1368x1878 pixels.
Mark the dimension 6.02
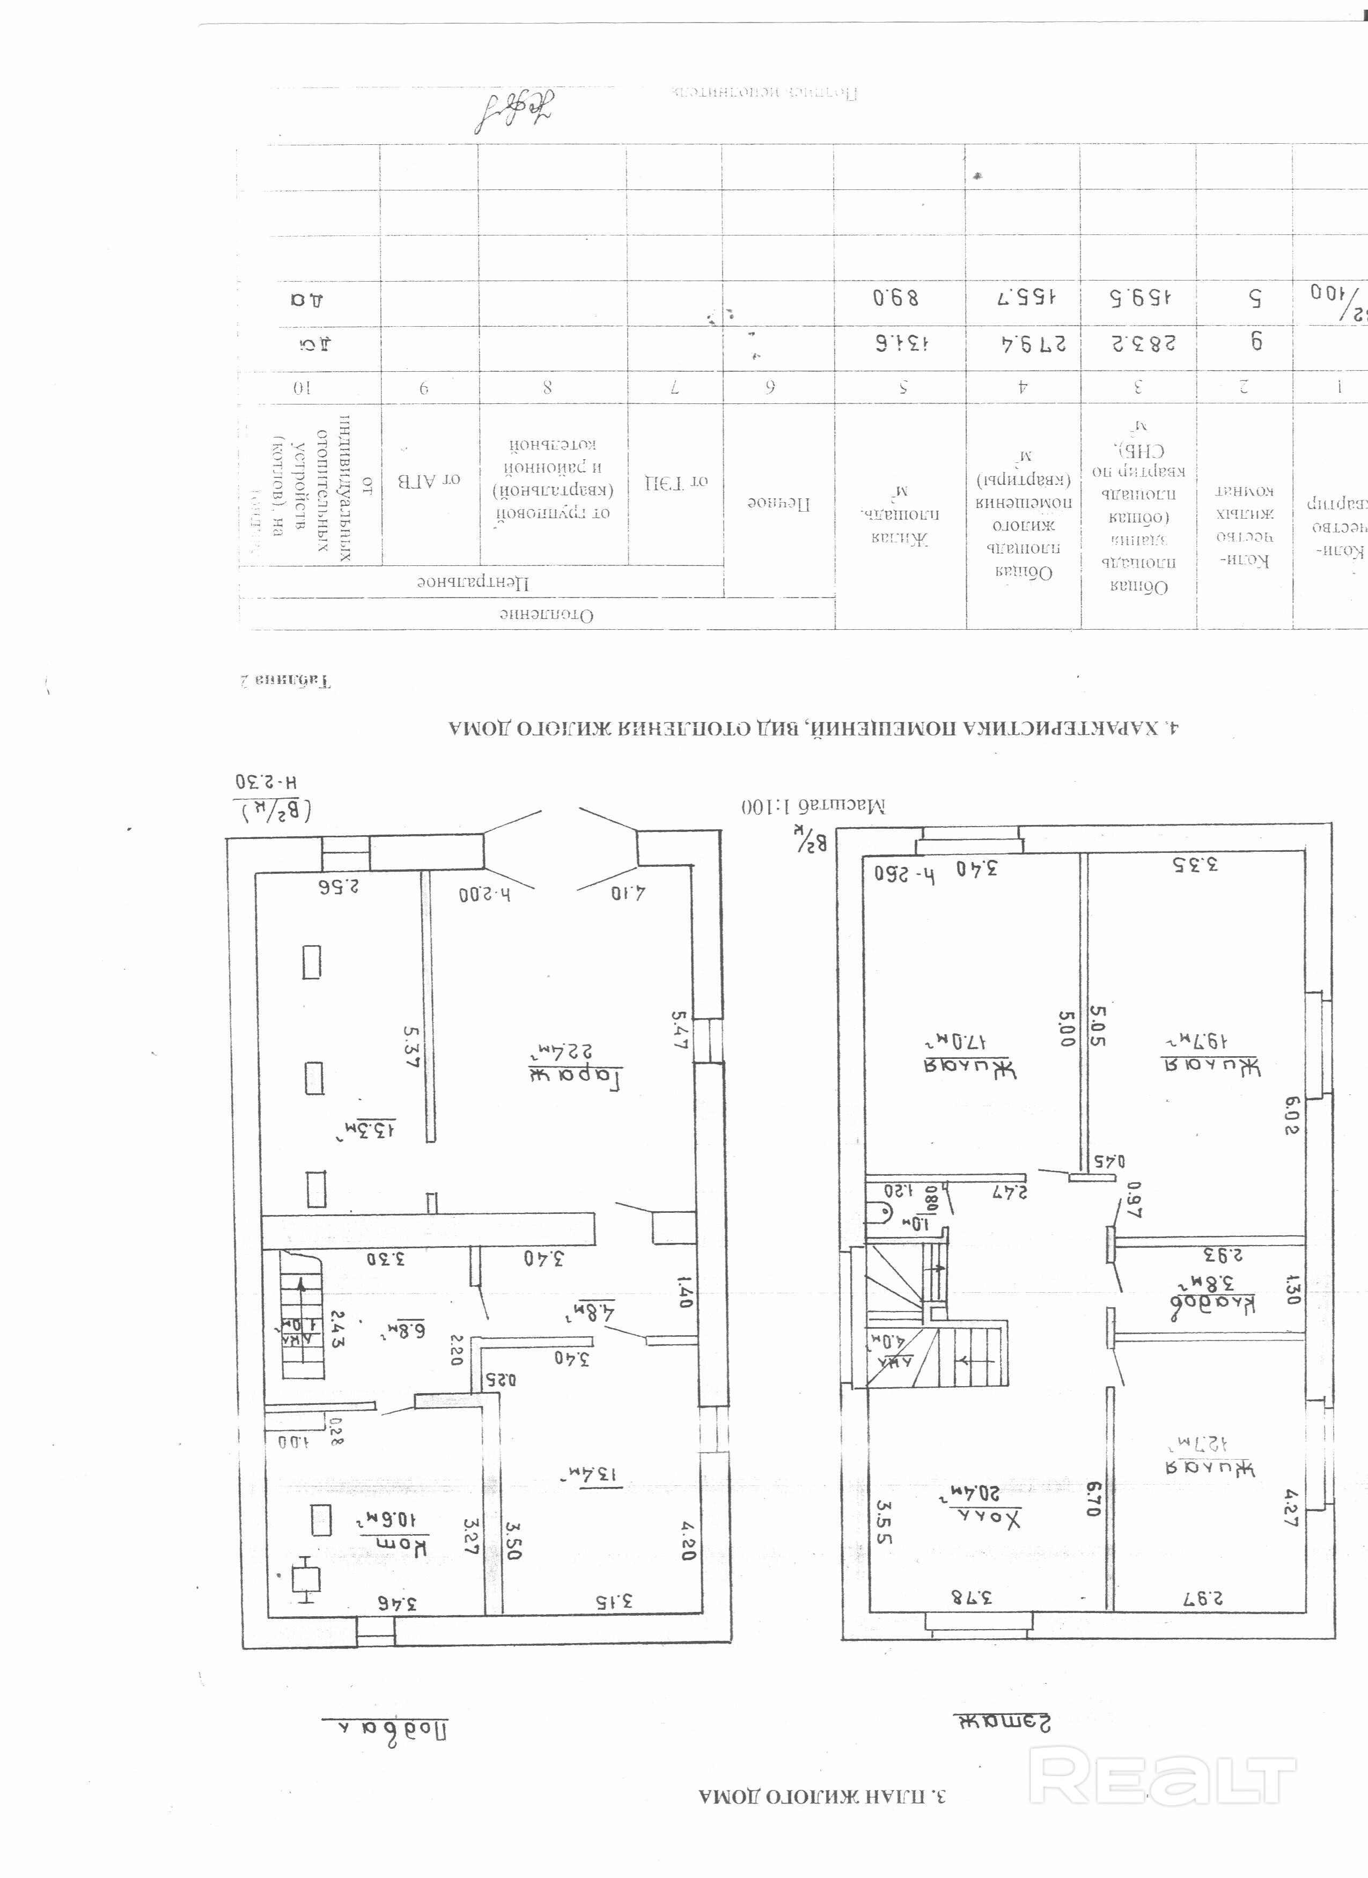1292,1115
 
